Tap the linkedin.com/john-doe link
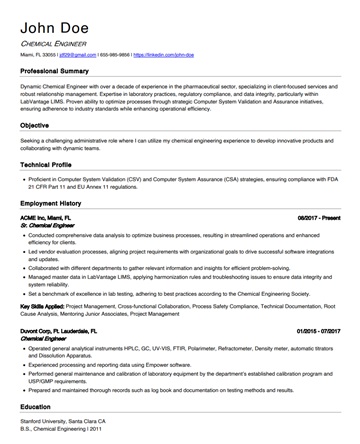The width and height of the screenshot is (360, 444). coord(164,58)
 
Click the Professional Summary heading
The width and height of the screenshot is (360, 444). coord(61,73)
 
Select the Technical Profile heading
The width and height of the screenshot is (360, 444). coord(51,162)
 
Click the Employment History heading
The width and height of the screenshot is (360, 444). coord(58,202)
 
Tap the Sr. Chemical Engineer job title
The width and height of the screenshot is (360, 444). coord(47,225)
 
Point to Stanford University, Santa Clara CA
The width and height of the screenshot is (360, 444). coord(70,424)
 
